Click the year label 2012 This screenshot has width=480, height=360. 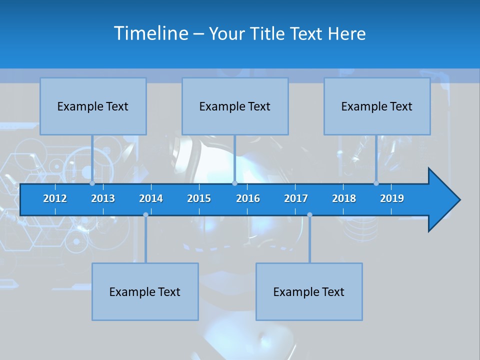pyautogui.click(x=55, y=198)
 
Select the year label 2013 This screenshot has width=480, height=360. pyautogui.click(x=103, y=198)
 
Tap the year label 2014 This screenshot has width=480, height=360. pyautogui.click(x=151, y=198)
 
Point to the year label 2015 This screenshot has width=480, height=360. pyautogui.click(x=199, y=198)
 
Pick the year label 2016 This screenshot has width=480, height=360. pyautogui.click(x=248, y=198)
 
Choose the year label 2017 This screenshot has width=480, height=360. pyautogui.click(x=296, y=198)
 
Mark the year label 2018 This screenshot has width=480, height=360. pyautogui.click(x=344, y=198)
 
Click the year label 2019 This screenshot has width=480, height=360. pyautogui.click(x=392, y=198)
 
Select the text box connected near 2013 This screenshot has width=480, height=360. pyautogui.click(x=93, y=106)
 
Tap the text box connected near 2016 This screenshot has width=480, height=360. pyautogui.click(x=235, y=106)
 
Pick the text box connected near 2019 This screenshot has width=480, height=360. pyautogui.click(x=377, y=106)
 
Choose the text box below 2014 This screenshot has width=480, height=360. pyautogui.click(x=145, y=291)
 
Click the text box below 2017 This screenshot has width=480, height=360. pyautogui.click(x=309, y=291)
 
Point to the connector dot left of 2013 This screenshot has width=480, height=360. pyautogui.click(x=92, y=183)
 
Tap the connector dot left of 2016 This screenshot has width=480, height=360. pyautogui.click(x=234, y=183)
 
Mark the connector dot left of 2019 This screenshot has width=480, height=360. pyautogui.click(x=376, y=183)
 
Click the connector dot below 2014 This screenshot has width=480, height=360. pyautogui.click(x=145, y=214)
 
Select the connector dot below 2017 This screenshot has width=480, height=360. pyautogui.click(x=309, y=214)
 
